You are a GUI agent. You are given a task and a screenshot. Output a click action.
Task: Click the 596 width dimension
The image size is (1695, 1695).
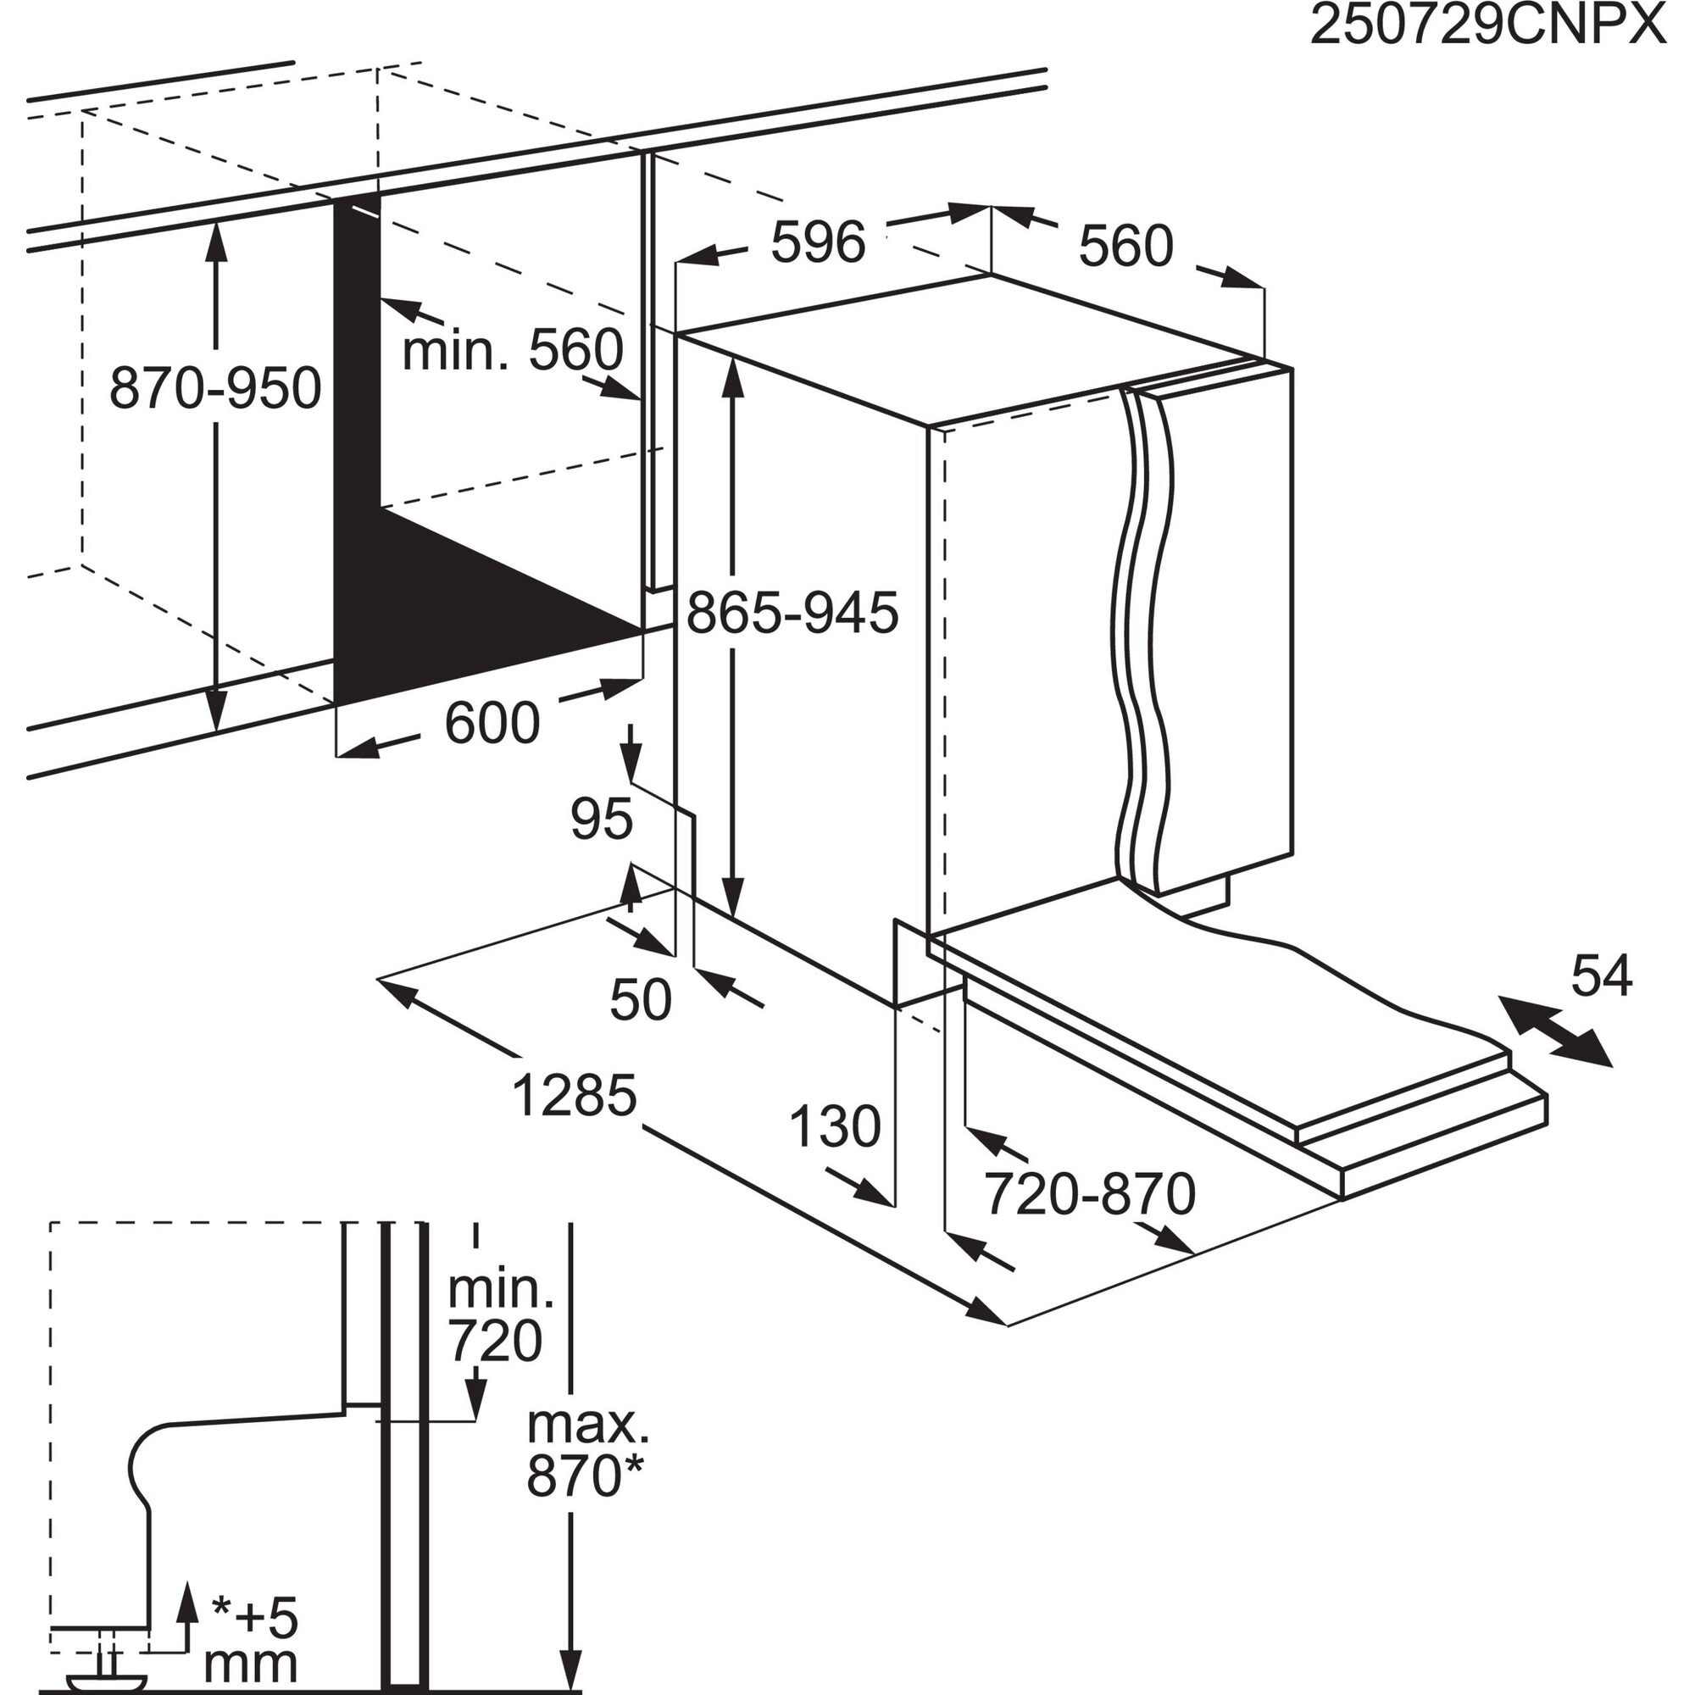(x=818, y=242)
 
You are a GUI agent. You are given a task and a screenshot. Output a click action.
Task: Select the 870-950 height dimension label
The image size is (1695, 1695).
(x=215, y=389)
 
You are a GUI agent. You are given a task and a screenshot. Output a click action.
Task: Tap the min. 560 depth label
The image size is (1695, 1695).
(x=513, y=350)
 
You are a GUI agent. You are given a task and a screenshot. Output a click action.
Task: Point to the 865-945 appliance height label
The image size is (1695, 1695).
(x=792, y=613)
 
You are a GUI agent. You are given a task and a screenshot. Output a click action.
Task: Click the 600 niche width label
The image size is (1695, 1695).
(x=492, y=723)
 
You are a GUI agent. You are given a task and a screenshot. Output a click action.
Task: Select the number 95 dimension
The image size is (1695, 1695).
(x=601, y=819)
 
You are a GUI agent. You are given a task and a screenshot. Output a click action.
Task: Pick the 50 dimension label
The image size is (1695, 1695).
(x=641, y=999)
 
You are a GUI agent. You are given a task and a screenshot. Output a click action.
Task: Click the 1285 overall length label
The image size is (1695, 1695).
(x=574, y=1096)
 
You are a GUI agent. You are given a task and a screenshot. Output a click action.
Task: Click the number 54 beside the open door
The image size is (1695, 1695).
(x=1601, y=975)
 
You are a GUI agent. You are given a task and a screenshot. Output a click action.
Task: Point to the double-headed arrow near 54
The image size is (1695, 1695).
(x=1555, y=1031)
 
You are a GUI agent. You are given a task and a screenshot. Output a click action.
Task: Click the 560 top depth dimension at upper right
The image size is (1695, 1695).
(x=1125, y=247)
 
